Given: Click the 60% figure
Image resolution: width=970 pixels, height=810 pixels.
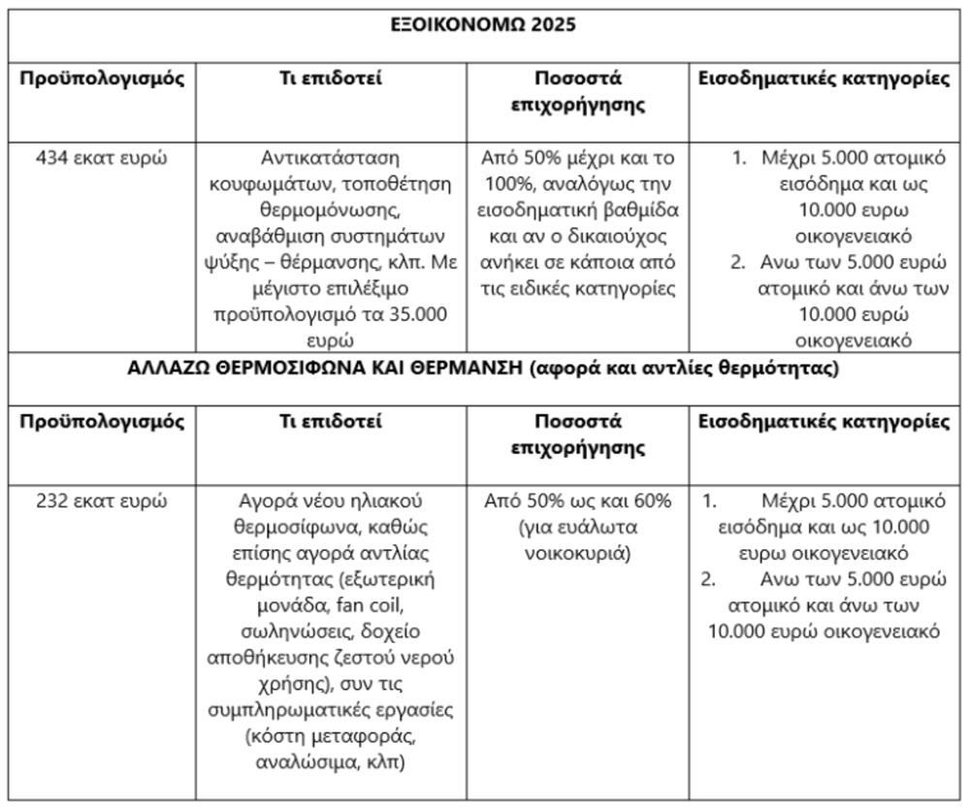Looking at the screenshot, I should (648, 502).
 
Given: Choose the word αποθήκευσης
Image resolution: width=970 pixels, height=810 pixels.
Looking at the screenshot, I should (262, 659).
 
